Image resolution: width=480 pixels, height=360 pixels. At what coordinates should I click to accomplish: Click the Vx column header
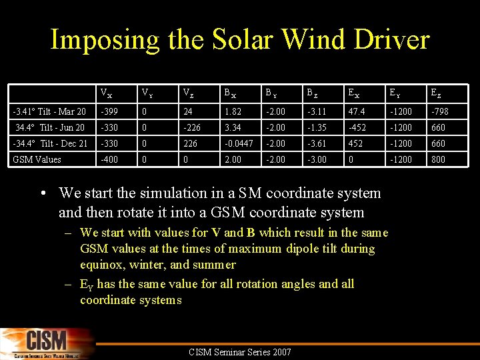(105, 93)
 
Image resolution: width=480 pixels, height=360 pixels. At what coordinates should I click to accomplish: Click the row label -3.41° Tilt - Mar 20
(50, 111)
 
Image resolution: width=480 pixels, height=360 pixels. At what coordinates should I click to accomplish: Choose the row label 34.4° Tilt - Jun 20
(50, 127)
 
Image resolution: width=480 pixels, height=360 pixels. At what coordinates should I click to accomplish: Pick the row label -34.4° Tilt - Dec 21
(50, 143)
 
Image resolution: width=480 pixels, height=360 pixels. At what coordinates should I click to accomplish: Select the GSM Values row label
(37, 159)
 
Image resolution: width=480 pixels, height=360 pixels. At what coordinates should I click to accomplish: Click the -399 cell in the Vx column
(108, 111)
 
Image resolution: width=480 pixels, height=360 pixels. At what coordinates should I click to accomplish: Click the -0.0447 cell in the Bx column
(238, 143)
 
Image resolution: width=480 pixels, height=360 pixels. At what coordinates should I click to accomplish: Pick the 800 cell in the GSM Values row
(436, 159)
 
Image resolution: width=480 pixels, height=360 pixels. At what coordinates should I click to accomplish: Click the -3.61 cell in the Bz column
(316, 143)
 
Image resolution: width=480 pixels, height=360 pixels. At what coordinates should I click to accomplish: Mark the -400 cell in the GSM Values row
(108, 159)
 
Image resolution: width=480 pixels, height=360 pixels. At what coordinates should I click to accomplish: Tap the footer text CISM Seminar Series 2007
(240, 352)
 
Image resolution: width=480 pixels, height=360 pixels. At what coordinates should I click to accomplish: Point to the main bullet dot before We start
(43, 194)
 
